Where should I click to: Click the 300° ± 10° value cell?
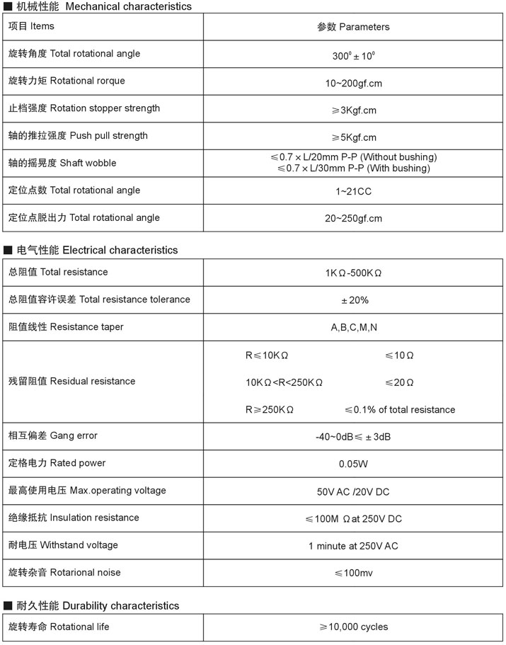[353, 55]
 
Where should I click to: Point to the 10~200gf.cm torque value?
[353, 83]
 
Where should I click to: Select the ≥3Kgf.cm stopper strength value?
[353, 110]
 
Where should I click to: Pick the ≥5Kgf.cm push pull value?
[353, 137]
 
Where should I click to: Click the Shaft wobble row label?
[62, 163]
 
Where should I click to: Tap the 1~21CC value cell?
[353, 191]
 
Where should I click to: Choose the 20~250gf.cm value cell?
[353, 219]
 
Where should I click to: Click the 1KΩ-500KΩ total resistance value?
[353, 273]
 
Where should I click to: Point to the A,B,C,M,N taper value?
[354, 328]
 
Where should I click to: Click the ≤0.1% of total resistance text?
[400, 410]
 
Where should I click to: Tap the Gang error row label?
[53, 435]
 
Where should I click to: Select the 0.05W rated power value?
[353, 464]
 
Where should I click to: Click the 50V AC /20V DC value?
[353, 491]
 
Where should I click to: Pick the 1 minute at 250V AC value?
[353, 546]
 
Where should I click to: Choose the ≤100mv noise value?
[353, 573]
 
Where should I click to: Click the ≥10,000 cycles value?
[353, 627]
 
